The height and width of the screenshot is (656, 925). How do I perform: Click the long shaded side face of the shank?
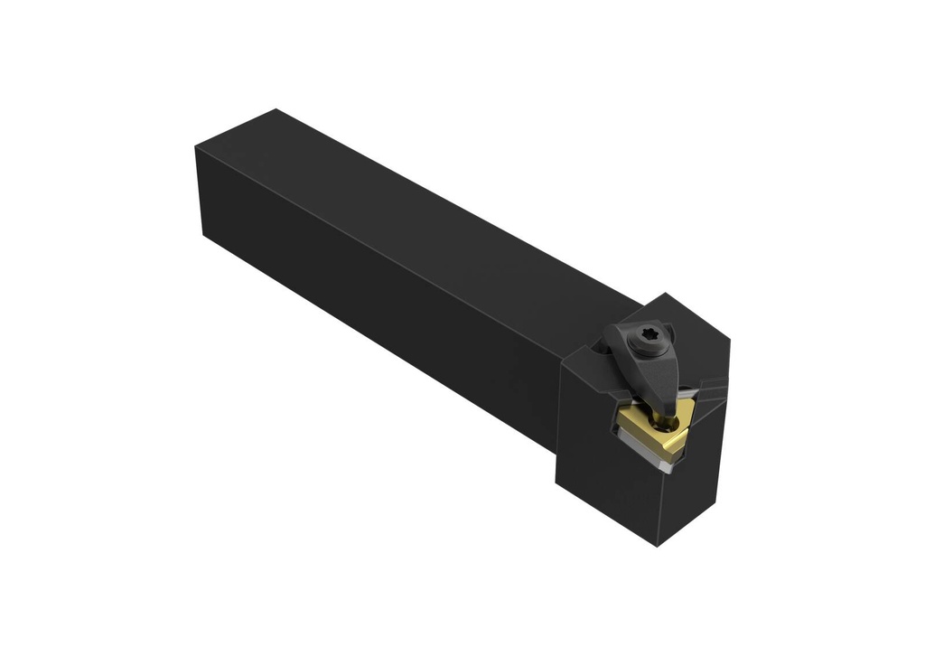(379, 307)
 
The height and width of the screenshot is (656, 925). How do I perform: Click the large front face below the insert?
(614, 488)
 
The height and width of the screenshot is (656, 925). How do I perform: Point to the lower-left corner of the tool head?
(556, 488)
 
